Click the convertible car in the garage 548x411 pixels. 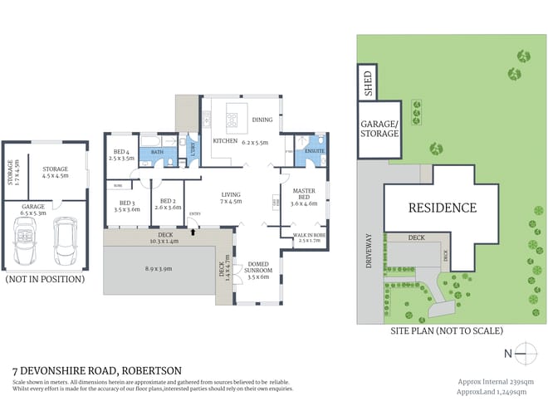[x=27, y=241]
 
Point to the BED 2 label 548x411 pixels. [x=169, y=202]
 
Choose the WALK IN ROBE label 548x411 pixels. [x=309, y=237]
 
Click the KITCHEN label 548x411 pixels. [x=225, y=141]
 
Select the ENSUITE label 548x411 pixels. [x=314, y=151]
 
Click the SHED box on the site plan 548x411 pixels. [x=367, y=83]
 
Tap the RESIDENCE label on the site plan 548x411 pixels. [x=441, y=208]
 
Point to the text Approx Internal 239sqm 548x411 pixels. [x=496, y=382]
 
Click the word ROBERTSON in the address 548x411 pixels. [x=151, y=370]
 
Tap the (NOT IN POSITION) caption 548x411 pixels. [x=45, y=279]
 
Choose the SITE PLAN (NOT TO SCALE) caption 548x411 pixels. [x=447, y=330]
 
